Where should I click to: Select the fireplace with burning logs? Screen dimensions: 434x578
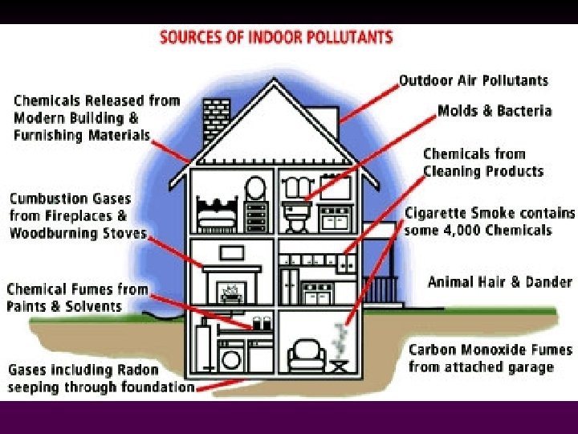point(232,287)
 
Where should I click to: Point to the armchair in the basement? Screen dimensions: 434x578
point(307,354)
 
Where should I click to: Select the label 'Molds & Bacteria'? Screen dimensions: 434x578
point(495,111)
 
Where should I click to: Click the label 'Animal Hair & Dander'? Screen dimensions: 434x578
point(499,282)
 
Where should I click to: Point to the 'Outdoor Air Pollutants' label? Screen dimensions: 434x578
point(474,80)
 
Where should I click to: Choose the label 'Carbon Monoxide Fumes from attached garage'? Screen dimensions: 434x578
point(490,358)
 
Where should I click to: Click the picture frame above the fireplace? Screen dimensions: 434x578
point(232,252)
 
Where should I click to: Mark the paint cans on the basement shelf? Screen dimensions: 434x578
point(262,323)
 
